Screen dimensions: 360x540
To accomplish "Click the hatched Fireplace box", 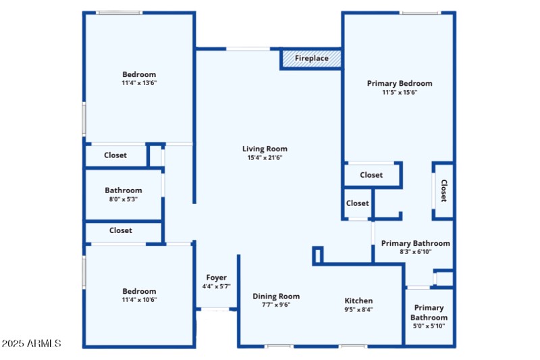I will [311, 59].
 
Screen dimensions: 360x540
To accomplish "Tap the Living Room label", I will [265, 149].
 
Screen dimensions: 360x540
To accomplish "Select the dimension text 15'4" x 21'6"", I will [265, 158].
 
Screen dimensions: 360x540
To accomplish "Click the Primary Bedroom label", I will [400, 83].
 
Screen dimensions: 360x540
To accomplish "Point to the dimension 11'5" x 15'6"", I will [400, 93].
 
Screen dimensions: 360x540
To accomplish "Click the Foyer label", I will [216, 278].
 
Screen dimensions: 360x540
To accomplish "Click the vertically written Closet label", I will [443, 190].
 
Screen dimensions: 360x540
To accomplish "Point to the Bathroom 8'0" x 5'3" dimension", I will [124, 199].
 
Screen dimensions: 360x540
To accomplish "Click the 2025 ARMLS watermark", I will [32, 344].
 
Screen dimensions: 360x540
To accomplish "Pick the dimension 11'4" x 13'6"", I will [139, 83].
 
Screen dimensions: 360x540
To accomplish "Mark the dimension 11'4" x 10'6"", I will [139, 300].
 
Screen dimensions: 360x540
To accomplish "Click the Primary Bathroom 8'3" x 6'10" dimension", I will [415, 252].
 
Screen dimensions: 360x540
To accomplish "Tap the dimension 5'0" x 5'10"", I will [429, 326].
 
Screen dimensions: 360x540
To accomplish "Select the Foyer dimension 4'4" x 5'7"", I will [216, 286].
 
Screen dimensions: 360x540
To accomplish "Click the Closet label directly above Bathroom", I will [115, 155].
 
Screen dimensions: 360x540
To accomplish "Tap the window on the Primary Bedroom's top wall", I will [419, 13].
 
